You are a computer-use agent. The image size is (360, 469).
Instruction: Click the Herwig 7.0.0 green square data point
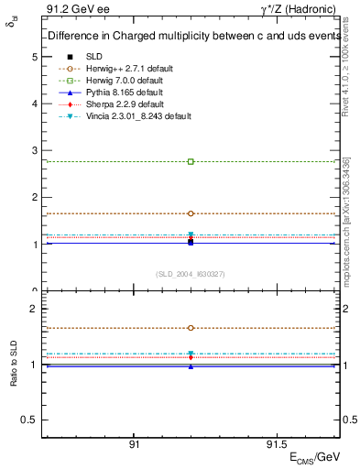[x=191, y=161]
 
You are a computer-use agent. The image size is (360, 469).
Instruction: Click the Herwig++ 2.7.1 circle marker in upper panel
[x=191, y=213]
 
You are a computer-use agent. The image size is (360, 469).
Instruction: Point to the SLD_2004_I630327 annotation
[x=191, y=274]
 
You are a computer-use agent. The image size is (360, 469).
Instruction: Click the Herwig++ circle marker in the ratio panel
[x=191, y=327]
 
